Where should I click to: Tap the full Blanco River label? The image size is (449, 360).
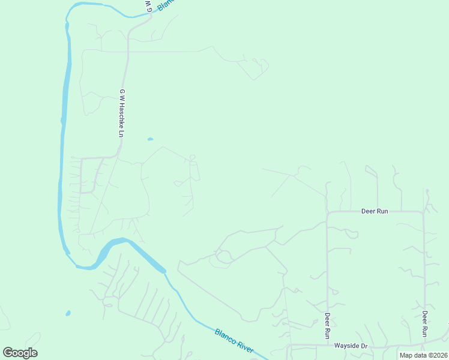[235, 340]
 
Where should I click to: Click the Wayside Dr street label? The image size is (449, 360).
[351, 347]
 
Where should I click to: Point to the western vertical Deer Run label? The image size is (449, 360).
[328, 323]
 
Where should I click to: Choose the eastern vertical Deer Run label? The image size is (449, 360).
[424, 323]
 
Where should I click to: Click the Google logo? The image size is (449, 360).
[20, 353]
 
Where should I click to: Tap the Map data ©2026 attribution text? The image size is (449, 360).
[423, 355]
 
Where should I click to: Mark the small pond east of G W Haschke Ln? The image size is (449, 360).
[150, 139]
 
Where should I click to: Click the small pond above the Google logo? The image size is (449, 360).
[68, 313]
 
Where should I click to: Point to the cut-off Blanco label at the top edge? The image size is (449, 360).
[166, 5]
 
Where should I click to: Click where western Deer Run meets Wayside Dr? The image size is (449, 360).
[328, 346]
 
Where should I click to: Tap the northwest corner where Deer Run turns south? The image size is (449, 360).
[327, 212]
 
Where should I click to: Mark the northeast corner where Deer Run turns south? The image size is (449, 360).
[424, 212]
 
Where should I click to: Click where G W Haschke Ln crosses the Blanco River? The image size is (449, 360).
[151, 15]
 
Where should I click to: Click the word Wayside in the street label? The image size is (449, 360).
[346, 347]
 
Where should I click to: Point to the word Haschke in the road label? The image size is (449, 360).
[121, 116]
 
